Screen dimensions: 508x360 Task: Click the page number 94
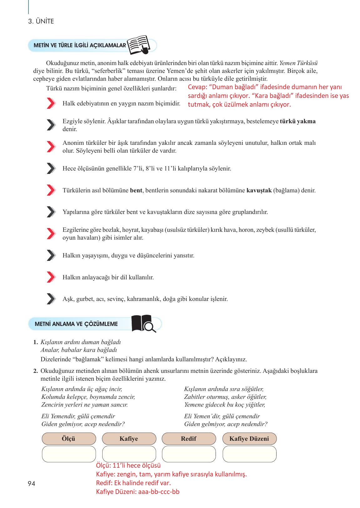(32, 484)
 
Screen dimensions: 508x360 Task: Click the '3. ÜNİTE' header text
(41, 21)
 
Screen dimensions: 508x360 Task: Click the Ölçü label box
(69, 439)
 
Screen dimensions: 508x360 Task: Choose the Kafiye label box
(129, 439)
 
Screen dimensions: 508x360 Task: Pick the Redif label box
(189, 439)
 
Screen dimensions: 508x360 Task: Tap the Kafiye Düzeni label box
(249, 439)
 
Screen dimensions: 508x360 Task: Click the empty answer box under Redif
(189, 454)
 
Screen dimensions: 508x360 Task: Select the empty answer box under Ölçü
(69, 454)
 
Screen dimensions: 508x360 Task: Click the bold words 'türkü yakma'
(298, 121)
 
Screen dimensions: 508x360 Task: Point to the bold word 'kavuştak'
(259, 190)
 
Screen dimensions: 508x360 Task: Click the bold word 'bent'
(136, 190)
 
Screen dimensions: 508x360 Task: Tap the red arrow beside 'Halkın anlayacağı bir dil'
(51, 277)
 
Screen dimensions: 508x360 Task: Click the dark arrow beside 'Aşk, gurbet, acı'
(51, 299)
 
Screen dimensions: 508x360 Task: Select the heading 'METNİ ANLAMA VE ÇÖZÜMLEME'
(76, 324)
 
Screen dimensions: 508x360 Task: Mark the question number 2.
(36, 371)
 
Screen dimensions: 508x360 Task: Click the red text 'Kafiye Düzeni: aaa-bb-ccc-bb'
(138, 491)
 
